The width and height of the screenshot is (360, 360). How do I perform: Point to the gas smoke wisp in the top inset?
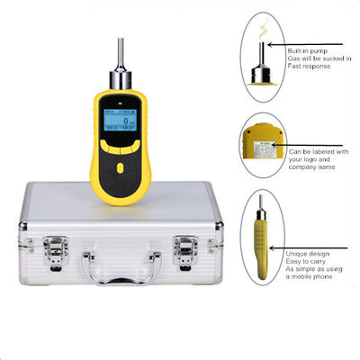262,30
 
